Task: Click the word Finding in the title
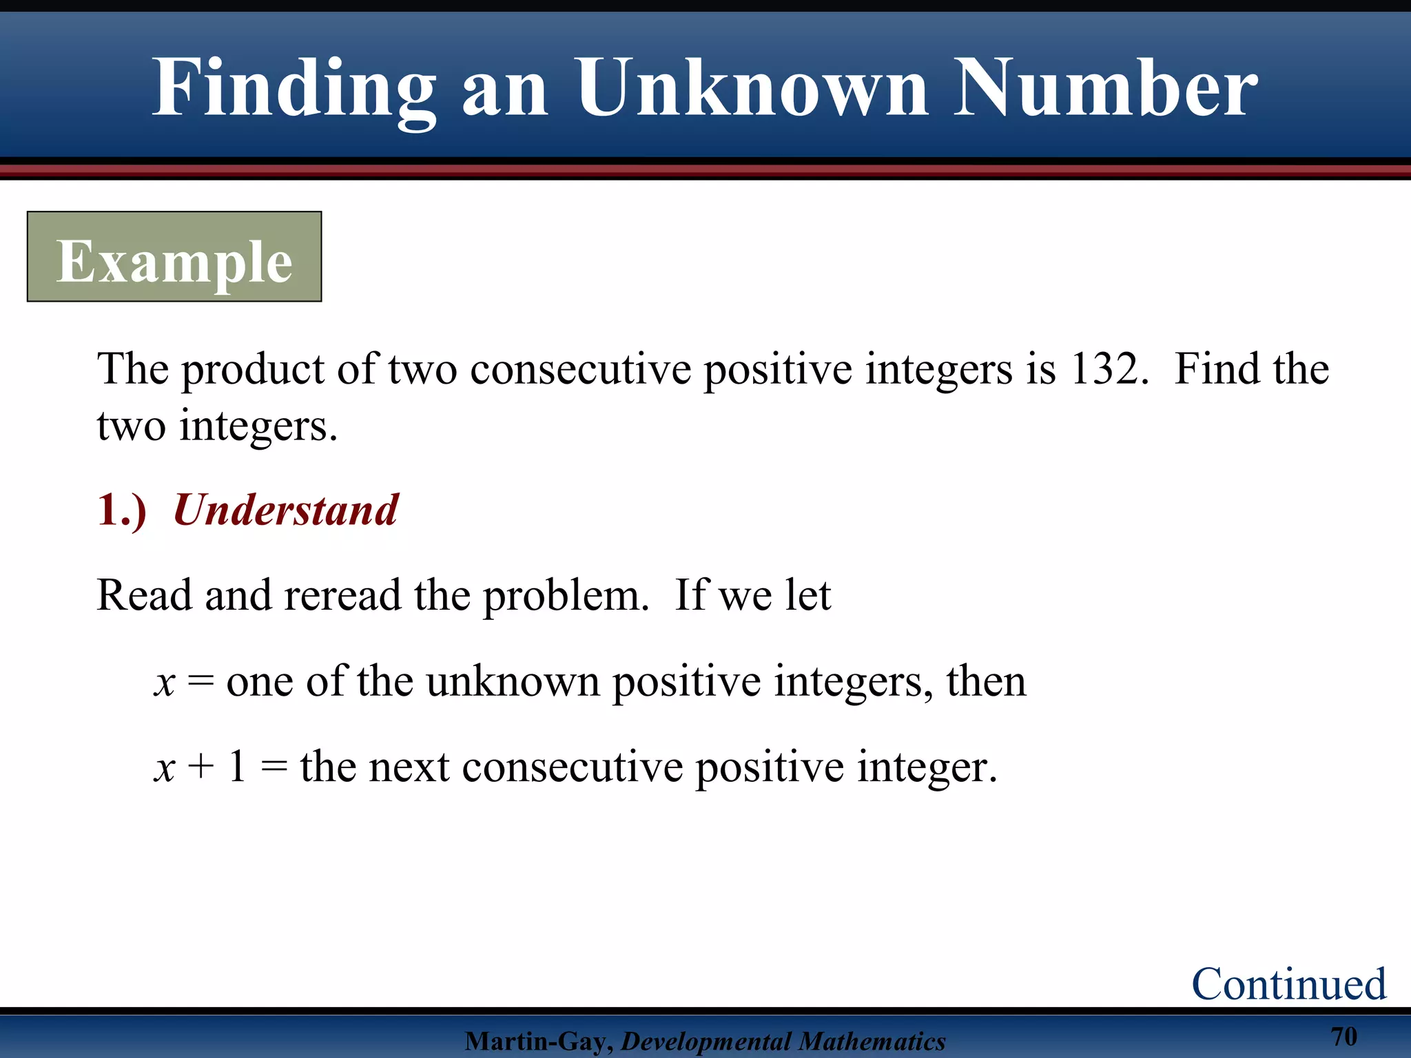pyautogui.click(x=293, y=90)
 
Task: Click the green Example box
pyautogui.click(x=174, y=257)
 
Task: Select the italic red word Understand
pyautogui.click(x=285, y=510)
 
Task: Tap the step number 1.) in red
pyautogui.click(x=122, y=510)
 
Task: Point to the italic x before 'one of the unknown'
pyautogui.click(x=165, y=683)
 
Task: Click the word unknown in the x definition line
pyautogui.click(x=513, y=681)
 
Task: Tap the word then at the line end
pyautogui.click(x=986, y=681)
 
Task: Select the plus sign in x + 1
pyautogui.click(x=201, y=767)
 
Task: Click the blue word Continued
pyautogui.click(x=1288, y=984)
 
